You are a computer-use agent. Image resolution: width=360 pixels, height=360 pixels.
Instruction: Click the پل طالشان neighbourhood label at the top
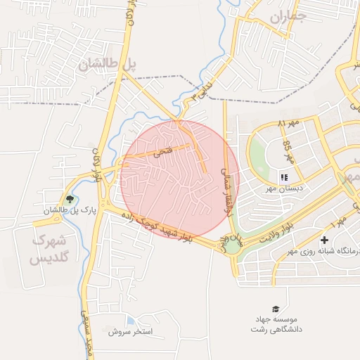(107, 65)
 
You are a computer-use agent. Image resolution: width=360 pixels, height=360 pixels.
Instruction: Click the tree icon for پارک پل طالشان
(69, 199)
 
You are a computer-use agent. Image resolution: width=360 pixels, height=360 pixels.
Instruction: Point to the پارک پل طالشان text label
(68, 211)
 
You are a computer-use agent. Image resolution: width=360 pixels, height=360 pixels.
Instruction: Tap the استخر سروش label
(135, 331)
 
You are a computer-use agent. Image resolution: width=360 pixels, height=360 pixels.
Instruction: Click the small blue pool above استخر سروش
(131, 321)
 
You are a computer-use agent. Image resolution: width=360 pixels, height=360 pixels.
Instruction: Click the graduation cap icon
(276, 309)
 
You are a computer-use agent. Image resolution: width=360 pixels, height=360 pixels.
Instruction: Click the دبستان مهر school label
(284, 188)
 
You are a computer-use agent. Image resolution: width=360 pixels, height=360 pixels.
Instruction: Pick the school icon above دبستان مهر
(284, 177)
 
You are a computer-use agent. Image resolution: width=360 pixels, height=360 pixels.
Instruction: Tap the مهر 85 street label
(288, 150)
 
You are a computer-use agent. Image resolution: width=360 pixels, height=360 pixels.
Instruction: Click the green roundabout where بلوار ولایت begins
(232, 245)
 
